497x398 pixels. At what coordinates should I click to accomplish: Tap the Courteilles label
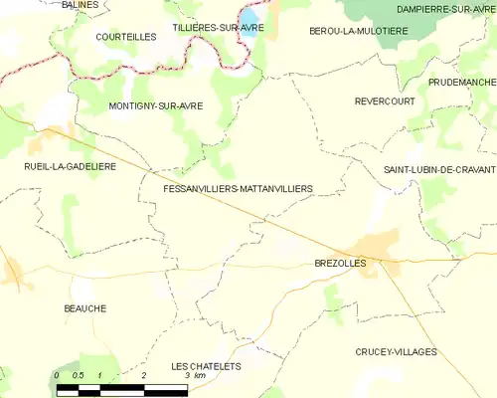[x=126, y=37]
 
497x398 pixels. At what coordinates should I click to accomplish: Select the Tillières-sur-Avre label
[x=218, y=28]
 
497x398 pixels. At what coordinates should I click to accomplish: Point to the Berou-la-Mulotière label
[x=358, y=32]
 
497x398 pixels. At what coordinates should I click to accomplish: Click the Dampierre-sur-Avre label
[x=445, y=9]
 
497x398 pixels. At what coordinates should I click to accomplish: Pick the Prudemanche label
[x=462, y=82]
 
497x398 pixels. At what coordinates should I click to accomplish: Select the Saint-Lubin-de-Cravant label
[x=439, y=171]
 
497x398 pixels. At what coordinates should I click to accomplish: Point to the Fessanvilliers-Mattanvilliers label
[x=238, y=188]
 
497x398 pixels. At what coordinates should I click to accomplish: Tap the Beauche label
[x=84, y=308]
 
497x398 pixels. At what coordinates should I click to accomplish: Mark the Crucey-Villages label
[x=397, y=352]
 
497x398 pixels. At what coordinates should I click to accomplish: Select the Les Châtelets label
[x=206, y=366]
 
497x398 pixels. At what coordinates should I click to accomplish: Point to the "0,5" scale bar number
[x=79, y=375]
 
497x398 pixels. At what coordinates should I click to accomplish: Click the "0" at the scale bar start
[x=57, y=375]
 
